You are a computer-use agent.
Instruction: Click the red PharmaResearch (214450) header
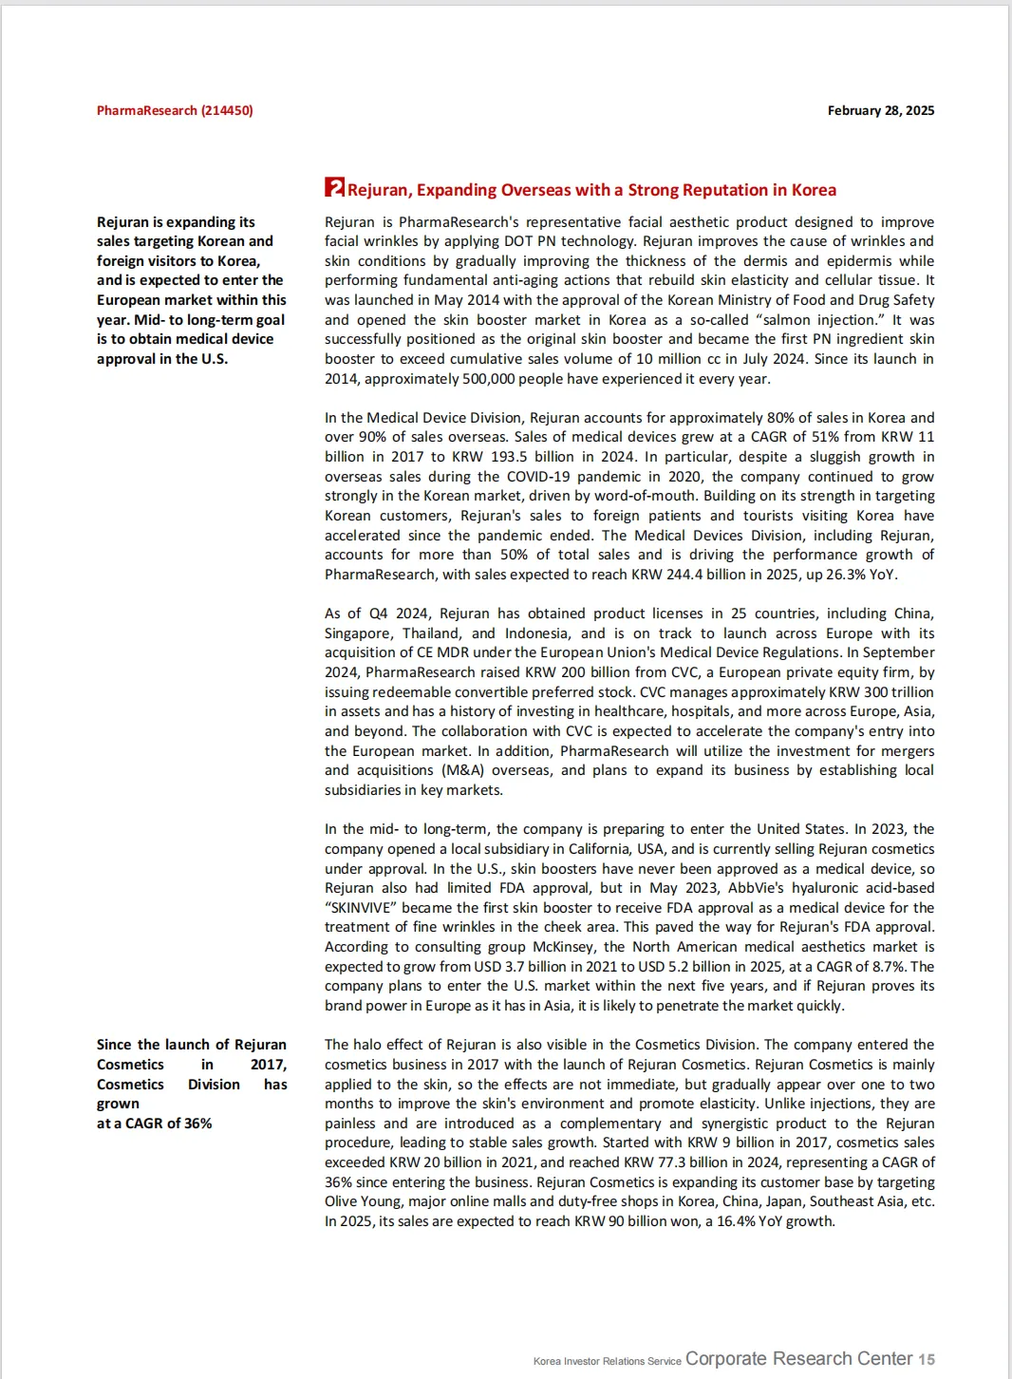(175, 110)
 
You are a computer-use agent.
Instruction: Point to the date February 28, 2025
(880, 110)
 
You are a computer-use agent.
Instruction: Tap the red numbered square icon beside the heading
(334, 187)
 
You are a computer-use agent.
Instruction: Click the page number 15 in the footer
(927, 1359)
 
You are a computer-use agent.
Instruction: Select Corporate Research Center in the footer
(798, 1359)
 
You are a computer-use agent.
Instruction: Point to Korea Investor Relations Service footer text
(607, 1361)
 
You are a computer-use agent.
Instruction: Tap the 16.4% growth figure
(726, 1221)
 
